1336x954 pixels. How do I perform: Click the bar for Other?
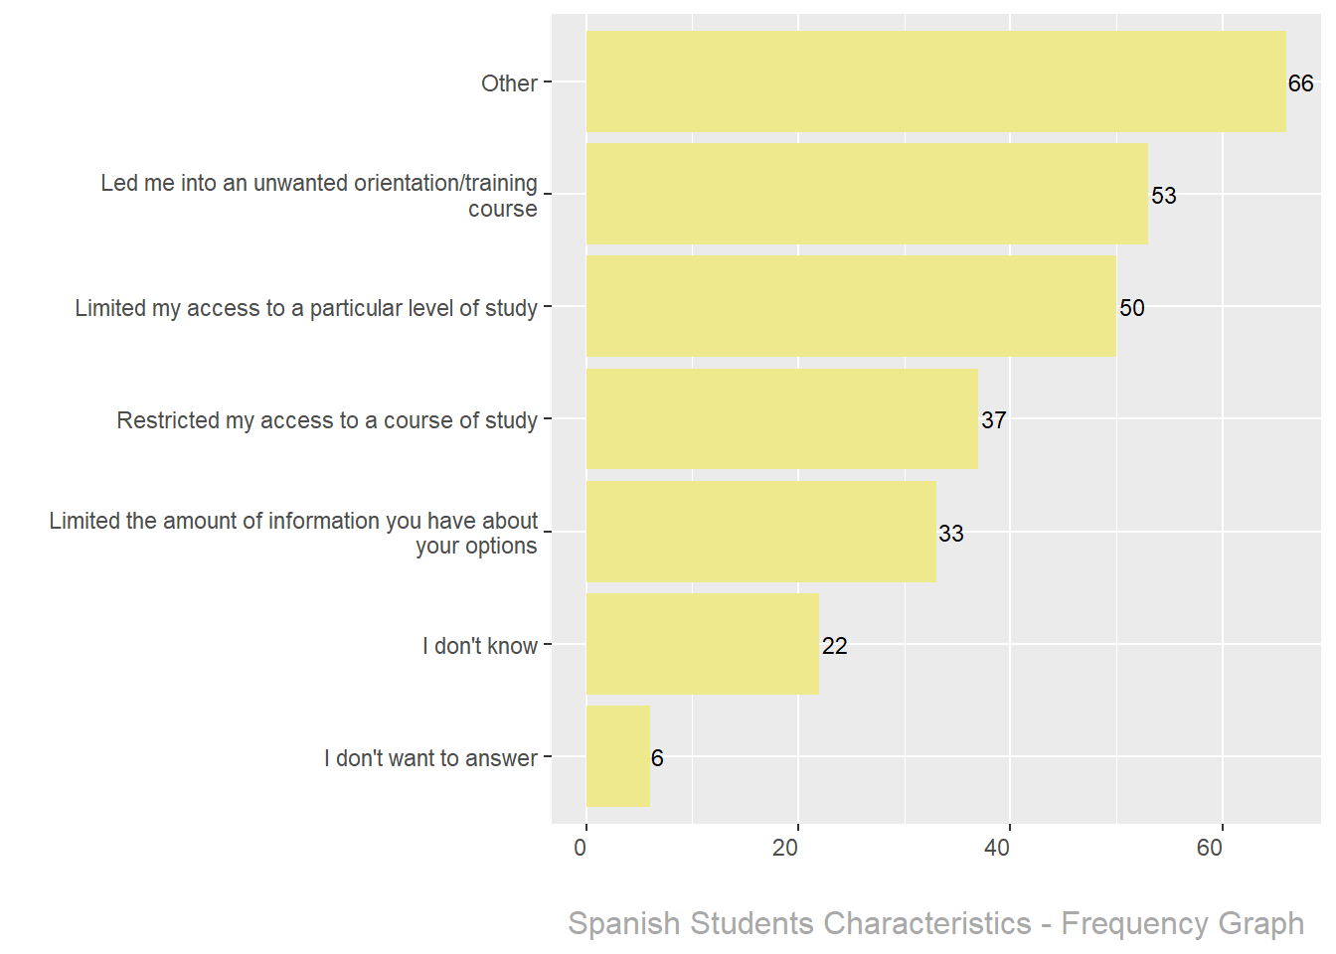click(x=934, y=81)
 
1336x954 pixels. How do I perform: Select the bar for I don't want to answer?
click(x=617, y=756)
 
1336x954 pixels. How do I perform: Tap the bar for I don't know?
click(x=702, y=644)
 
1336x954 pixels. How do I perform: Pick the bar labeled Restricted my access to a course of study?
click(x=781, y=419)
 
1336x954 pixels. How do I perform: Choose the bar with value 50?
click(x=851, y=306)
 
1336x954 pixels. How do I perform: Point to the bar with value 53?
click(x=867, y=194)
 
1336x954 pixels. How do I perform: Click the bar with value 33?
click(x=760, y=532)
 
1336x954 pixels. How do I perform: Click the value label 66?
click(x=1300, y=83)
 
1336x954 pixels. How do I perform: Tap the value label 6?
click(x=657, y=758)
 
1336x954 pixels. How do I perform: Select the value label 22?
click(x=834, y=646)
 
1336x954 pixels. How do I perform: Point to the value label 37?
click(x=993, y=420)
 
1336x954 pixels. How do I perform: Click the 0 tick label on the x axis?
click(x=581, y=848)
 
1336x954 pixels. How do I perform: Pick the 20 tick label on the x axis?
click(x=785, y=848)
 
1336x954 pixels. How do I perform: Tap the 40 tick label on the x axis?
click(x=997, y=848)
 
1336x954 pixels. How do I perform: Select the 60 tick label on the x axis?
click(x=1210, y=848)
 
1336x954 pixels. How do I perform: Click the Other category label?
click(x=509, y=83)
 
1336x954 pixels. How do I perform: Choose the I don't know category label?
click(x=480, y=646)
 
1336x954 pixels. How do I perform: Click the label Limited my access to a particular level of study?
click(x=306, y=308)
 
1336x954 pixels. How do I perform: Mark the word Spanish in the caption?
click(x=624, y=923)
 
